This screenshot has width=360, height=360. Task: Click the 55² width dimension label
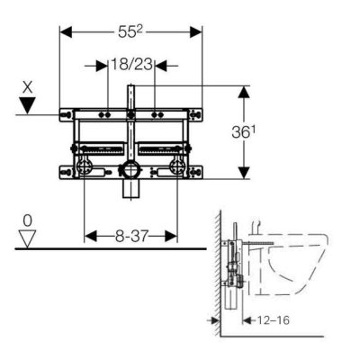coord(130,32)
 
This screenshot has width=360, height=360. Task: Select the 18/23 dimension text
coord(131,65)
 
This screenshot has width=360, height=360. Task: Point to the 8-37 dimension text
coord(131,237)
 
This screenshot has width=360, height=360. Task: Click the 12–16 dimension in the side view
coord(274,320)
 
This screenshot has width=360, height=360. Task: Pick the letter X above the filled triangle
coord(28,88)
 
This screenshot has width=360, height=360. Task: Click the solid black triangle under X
coord(28,105)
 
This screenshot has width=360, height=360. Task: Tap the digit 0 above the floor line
coord(27,221)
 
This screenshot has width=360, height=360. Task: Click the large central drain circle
coord(131,170)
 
